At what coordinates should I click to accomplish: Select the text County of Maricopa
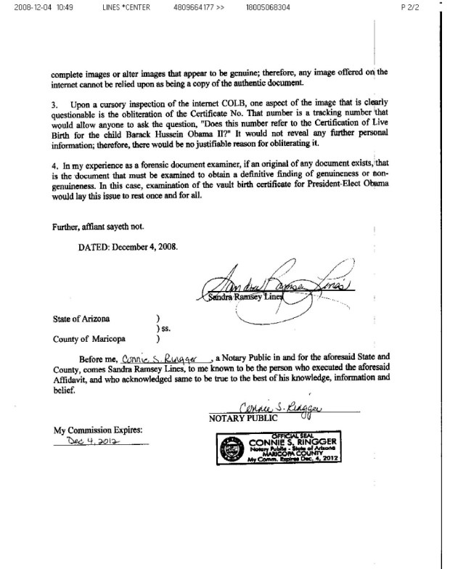click(86, 338)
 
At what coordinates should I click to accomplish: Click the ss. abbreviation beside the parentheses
click(165, 328)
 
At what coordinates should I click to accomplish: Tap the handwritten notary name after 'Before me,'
click(165, 359)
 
